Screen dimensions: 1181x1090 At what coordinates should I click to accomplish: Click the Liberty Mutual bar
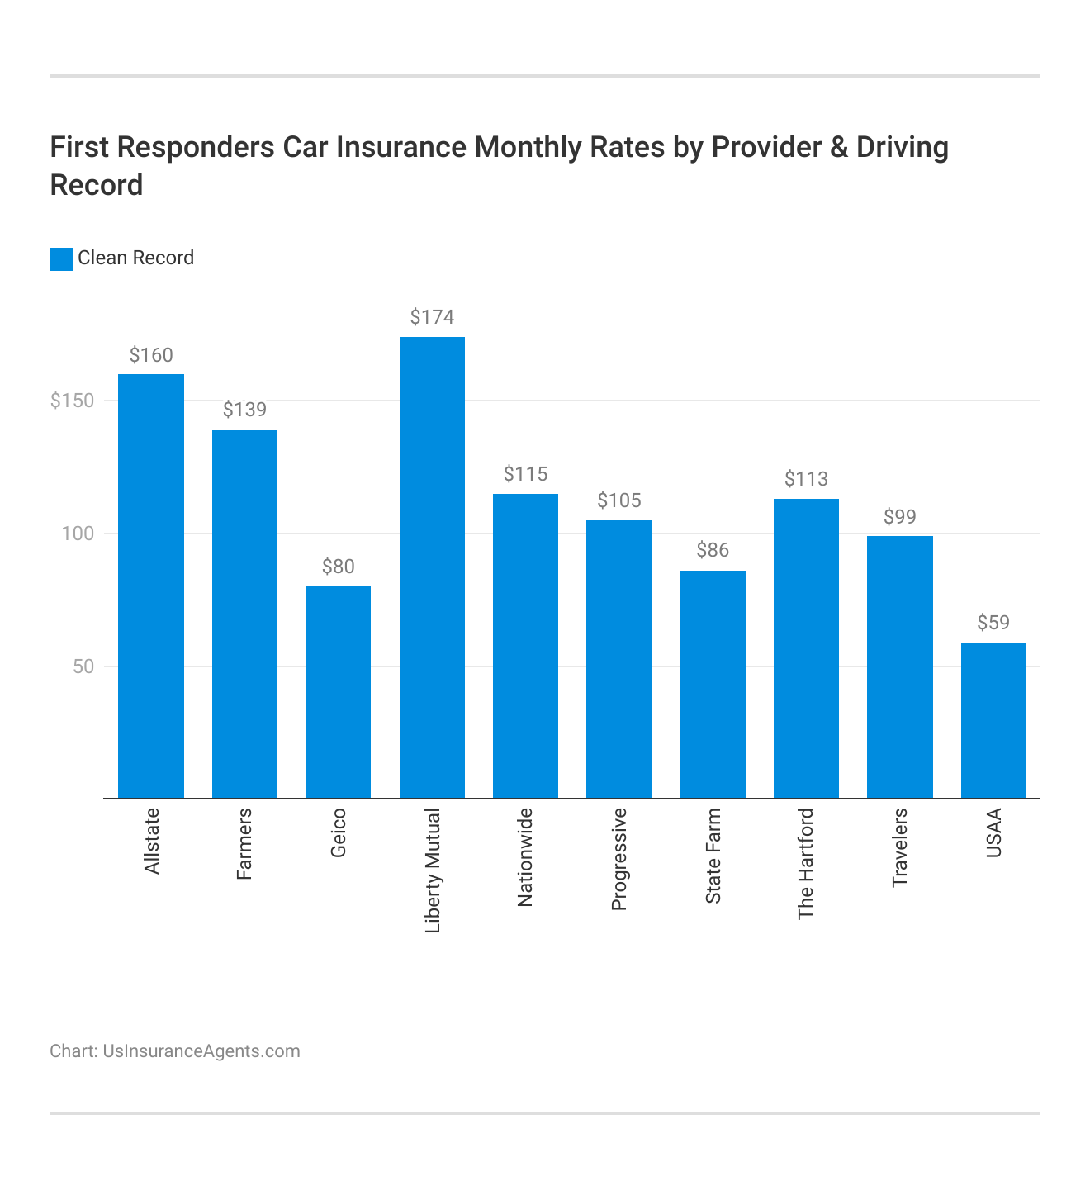point(432,567)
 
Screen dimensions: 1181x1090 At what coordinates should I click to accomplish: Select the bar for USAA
point(993,720)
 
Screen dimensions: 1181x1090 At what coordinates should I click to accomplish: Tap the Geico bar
point(338,692)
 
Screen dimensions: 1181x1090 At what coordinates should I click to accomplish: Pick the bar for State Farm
point(713,684)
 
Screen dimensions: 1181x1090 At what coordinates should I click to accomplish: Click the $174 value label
point(432,317)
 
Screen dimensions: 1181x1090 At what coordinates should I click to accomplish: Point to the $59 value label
point(993,623)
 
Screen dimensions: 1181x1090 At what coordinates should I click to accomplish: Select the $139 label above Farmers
point(244,410)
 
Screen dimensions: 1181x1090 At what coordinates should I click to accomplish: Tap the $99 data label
point(900,517)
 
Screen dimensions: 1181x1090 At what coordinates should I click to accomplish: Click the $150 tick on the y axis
point(73,401)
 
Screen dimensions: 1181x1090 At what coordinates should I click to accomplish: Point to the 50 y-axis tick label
point(83,666)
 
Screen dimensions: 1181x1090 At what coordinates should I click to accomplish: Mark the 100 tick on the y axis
point(78,534)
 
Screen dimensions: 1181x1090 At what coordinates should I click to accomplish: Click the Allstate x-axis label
point(152,842)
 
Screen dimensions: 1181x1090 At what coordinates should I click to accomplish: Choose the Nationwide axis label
point(525,857)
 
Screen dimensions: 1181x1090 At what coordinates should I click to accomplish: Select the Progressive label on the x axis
point(619,859)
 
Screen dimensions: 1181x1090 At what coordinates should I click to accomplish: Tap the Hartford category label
point(806,864)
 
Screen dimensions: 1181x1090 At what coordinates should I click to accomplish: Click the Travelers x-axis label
point(900,848)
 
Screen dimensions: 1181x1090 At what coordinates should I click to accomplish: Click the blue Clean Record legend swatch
point(61,258)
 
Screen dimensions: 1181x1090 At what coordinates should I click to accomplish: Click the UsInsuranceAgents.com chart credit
point(201,1051)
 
